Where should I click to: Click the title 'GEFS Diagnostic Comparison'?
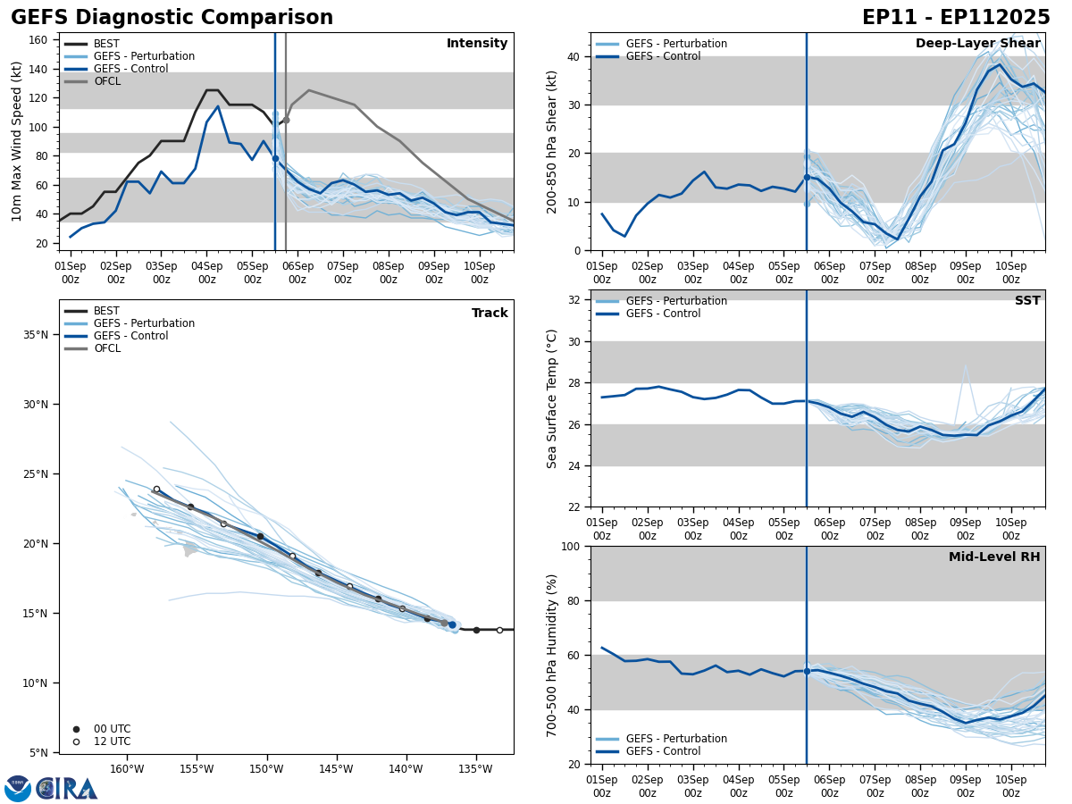click(x=172, y=18)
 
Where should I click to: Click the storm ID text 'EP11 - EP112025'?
click(x=956, y=18)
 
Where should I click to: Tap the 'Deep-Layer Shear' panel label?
click(x=977, y=44)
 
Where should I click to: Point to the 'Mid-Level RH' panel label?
click(x=994, y=557)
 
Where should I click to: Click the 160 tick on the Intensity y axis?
click(x=38, y=39)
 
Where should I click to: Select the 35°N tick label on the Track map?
click(x=36, y=335)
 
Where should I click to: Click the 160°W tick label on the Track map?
click(x=127, y=769)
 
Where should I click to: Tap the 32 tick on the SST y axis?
click(x=575, y=300)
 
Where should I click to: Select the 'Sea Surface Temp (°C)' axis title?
click(x=553, y=398)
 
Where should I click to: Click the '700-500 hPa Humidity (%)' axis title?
click(x=553, y=655)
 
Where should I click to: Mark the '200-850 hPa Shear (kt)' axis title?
click(x=553, y=141)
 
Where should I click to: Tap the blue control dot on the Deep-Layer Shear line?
click(x=807, y=177)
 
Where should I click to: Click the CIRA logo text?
click(x=68, y=788)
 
